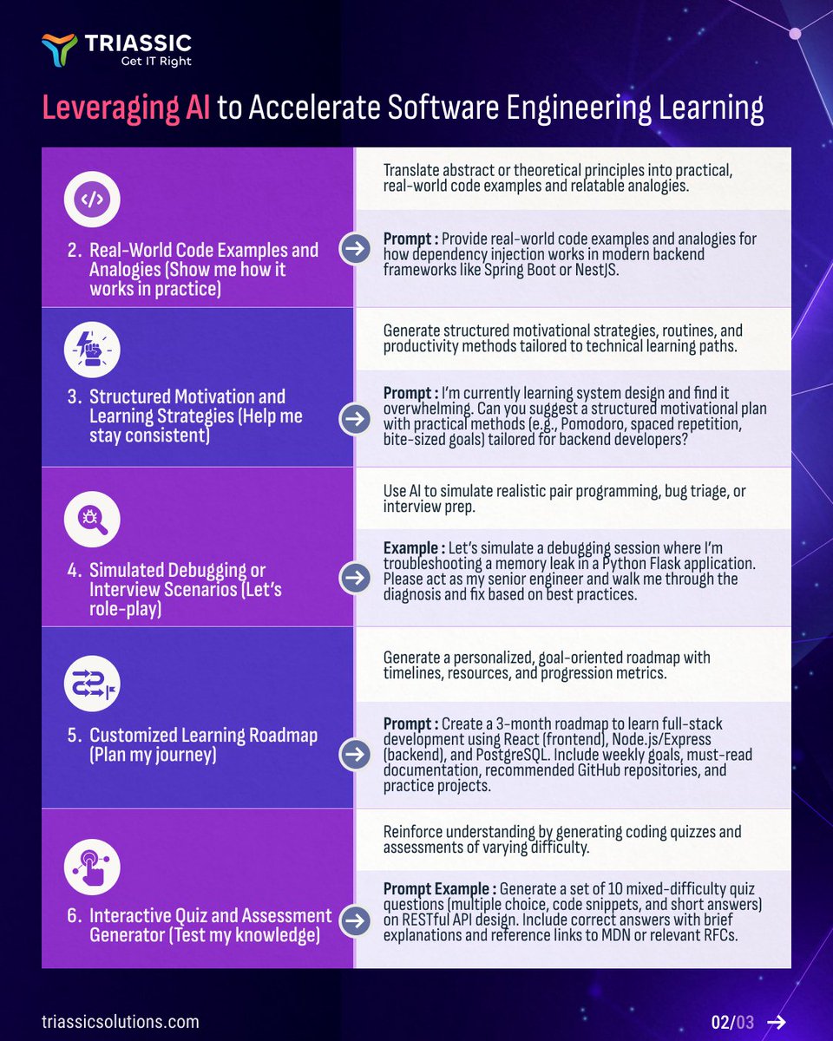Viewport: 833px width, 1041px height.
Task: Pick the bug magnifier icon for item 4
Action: (x=92, y=520)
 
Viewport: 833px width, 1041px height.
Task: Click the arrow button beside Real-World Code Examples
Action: (x=354, y=249)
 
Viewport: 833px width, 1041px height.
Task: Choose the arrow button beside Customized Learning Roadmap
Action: (x=354, y=755)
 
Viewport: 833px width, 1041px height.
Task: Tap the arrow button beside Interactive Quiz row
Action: (x=354, y=922)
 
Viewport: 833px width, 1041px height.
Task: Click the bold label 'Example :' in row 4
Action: (x=415, y=548)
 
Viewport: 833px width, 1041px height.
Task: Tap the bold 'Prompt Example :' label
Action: (x=439, y=889)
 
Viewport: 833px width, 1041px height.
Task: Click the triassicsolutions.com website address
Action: (x=120, y=1021)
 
